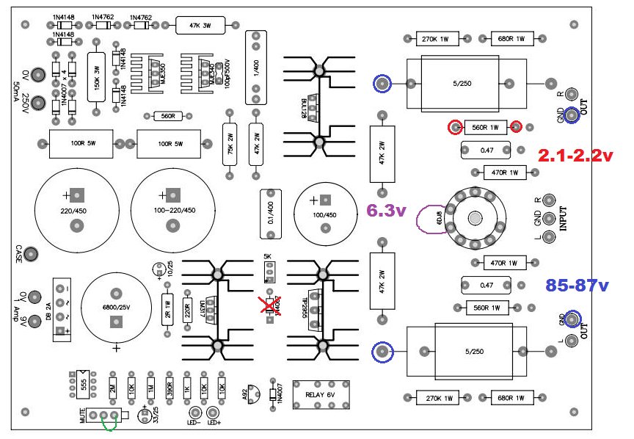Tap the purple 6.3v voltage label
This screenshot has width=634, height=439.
[x=386, y=211]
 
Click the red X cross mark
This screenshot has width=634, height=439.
[x=272, y=306]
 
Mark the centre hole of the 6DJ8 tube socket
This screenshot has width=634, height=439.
[x=476, y=219]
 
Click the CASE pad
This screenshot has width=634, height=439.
[x=32, y=254]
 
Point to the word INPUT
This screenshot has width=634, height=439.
[x=564, y=217]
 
